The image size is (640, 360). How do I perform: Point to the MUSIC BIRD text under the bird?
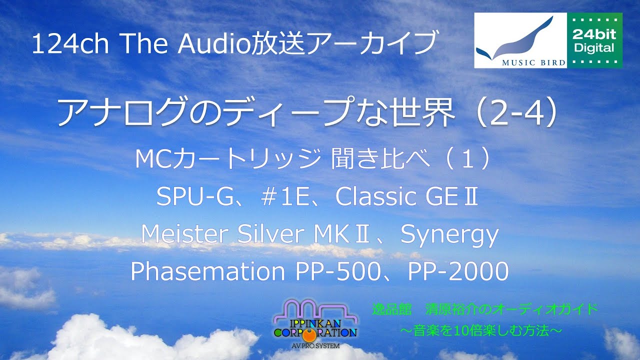click(x=520, y=63)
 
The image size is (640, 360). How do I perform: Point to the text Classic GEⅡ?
click(x=407, y=197)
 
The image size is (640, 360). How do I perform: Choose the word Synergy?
click(x=449, y=234)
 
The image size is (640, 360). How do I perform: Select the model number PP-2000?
click(x=458, y=271)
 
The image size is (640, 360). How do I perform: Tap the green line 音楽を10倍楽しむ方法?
click(x=484, y=330)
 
